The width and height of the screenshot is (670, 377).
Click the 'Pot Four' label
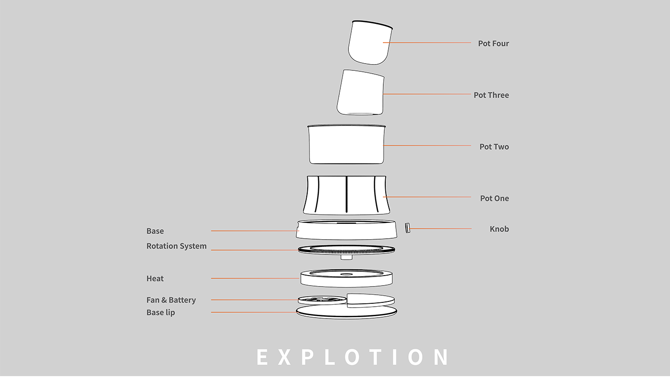pos(493,44)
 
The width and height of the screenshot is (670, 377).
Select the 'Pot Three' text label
pos(491,95)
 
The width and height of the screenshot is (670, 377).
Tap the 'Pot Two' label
pos(494,147)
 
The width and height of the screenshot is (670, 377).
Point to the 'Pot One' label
pos(494,199)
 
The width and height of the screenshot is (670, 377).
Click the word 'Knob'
pos(499,229)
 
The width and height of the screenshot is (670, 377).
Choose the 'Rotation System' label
pos(176,246)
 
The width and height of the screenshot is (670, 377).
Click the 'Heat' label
pos(155,279)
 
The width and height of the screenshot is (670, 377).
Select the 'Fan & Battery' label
pos(171,300)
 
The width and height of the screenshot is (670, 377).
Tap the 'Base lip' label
pos(160,313)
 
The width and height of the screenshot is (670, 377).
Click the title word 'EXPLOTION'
pos(353,357)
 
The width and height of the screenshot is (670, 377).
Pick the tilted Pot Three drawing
pos(361,93)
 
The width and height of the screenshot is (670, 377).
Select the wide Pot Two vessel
pos(346,144)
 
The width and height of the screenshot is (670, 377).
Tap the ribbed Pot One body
pos(346,195)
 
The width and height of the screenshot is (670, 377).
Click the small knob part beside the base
pos(408,228)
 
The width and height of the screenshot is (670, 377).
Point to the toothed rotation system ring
pos(346,250)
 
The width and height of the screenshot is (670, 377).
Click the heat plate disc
pos(346,278)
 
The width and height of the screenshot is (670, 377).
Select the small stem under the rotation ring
pos(346,257)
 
